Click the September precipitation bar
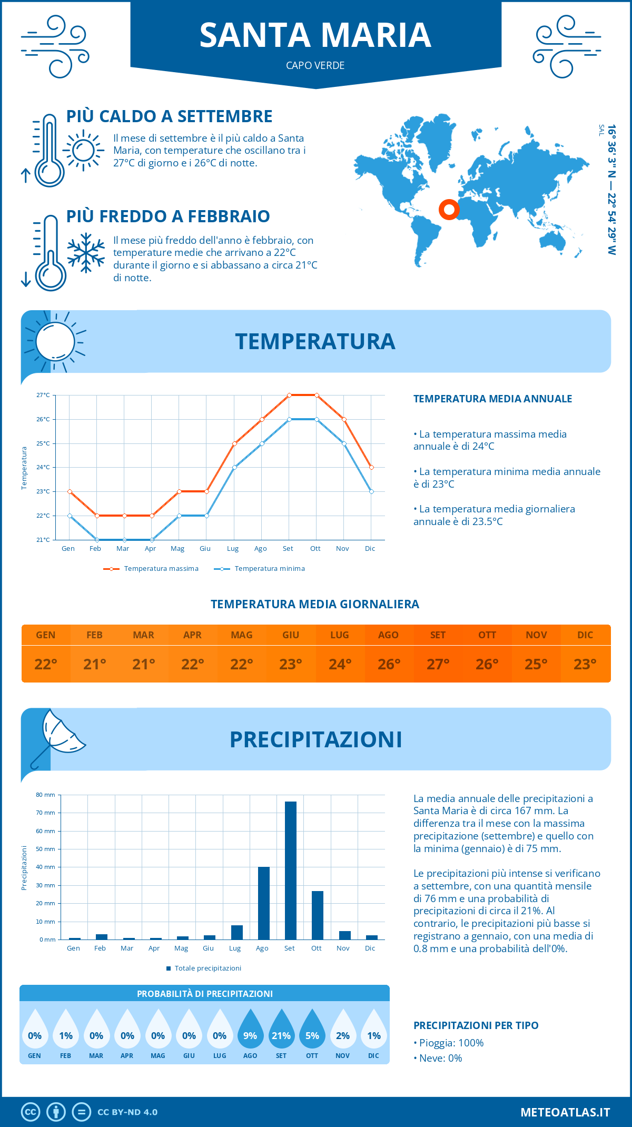pyautogui.click(x=290, y=870)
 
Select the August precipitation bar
pyautogui.click(x=263, y=903)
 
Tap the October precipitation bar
pyautogui.click(x=317, y=915)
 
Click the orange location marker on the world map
pyautogui.click(x=449, y=210)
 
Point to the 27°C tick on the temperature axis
pyautogui.click(x=43, y=395)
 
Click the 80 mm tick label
pyautogui.click(x=46, y=795)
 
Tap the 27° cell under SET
pyautogui.click(x=438, y=664)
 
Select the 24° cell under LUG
pyautogui.click(x=340, y=664)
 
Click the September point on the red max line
pyautogui.click(x=289, y=395)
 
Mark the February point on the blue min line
pyautogui.click(x=97, y=540)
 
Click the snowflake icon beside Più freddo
pyautogui.click(x=86, y=253)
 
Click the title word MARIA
pyautogui.click(x=376, y=35)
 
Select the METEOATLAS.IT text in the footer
pyautogui.click(x=565, y=1112)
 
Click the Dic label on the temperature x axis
pyautogui.click(x=370, y=549)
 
